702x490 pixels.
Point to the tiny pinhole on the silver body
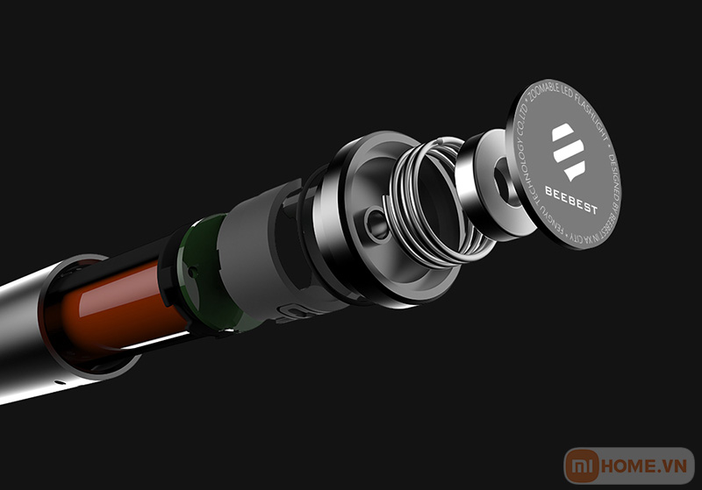click(57, 383)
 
